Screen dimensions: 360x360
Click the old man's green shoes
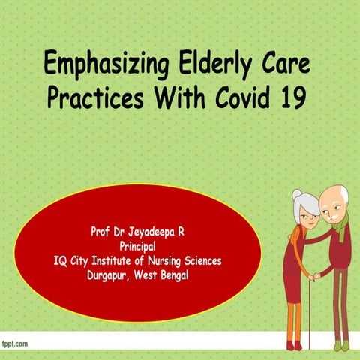[x=340, y=346]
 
